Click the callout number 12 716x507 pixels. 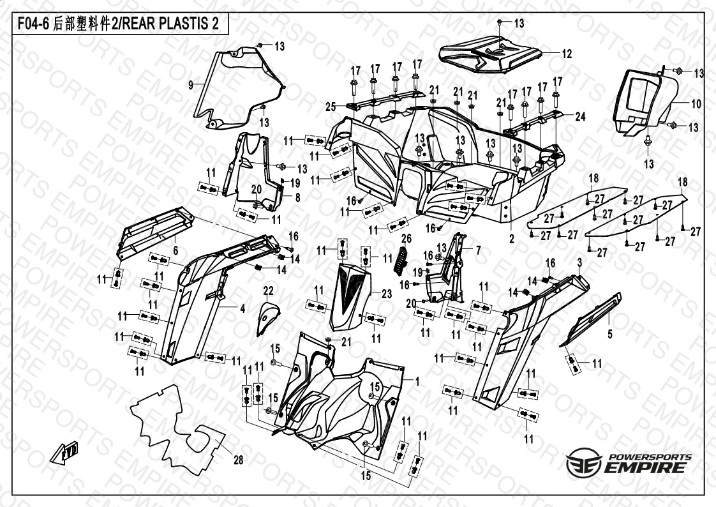[567, 54]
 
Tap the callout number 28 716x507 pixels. [239, 460]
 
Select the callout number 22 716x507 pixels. [268, 291]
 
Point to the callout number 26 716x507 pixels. [406, 238]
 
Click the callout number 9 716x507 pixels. [191, 85]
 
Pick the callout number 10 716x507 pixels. [696, 103]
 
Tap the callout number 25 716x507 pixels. [331, 107]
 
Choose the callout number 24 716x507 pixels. [580, 117]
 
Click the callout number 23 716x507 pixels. [386, 294]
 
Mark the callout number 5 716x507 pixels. [609, 335]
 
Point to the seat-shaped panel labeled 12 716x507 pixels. [489, 54]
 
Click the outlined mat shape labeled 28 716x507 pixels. [177, 429]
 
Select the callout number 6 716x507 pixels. [175, 251]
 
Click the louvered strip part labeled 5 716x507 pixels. [591, 319]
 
